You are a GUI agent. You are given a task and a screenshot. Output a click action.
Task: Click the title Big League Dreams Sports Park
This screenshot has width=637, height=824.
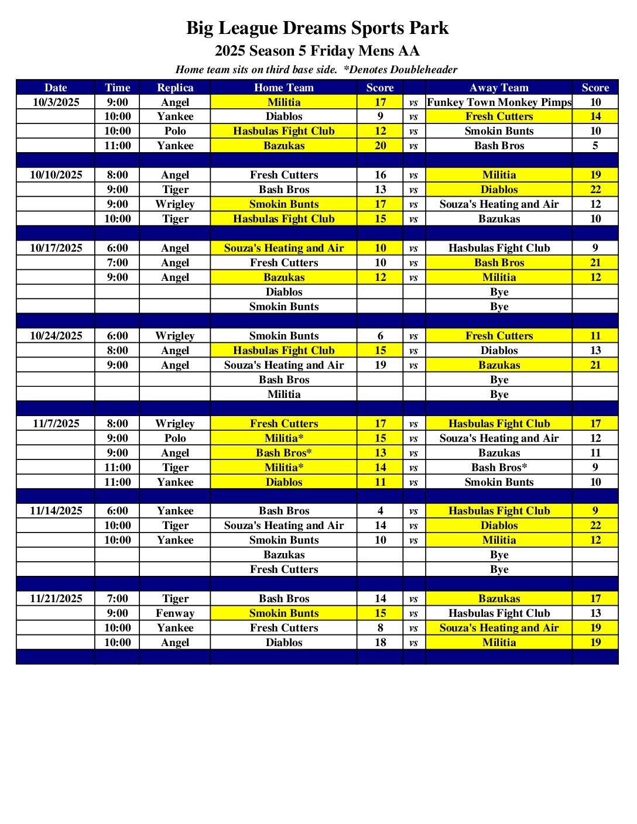(317, 28)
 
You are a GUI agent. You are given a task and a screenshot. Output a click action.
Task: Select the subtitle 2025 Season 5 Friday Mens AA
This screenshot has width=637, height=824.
(317, 51)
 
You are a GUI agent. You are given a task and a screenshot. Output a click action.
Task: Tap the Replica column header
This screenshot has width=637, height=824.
(175, 88)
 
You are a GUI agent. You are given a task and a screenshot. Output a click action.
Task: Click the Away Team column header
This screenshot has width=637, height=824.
(499, 88)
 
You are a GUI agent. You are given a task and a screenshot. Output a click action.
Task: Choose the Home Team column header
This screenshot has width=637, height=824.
(284, 88)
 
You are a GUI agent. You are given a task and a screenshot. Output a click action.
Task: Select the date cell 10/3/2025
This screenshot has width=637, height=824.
(56, 102)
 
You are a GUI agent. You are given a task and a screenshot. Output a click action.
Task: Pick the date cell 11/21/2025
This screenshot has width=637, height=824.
(56, 599)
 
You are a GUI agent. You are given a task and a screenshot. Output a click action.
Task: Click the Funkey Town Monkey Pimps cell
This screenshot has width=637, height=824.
(499, 102)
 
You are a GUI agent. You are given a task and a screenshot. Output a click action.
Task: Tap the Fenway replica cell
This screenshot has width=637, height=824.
(175, 613)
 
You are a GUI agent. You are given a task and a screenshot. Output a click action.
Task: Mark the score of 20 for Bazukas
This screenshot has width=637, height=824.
(381, 146)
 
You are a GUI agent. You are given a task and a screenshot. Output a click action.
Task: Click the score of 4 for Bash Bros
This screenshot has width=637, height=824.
(381, 511)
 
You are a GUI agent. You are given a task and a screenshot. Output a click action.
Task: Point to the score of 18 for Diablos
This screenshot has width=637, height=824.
(381, 643)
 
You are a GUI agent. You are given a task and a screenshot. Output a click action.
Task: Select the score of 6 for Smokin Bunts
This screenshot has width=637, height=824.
(381, 336)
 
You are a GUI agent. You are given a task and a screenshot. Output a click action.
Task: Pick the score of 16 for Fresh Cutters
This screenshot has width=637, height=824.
(381, 175)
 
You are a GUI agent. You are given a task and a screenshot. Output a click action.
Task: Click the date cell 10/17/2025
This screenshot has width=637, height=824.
(56, 248)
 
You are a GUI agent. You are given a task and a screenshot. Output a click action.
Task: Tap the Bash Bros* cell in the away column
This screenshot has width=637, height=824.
(499, 468)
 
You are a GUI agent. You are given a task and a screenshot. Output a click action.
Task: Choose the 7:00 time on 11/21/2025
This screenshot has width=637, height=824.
(118, 599)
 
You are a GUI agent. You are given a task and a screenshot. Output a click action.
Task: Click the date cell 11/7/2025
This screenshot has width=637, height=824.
(56, 424)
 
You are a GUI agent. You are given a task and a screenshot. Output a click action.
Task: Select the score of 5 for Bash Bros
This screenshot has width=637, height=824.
(595, 146)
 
